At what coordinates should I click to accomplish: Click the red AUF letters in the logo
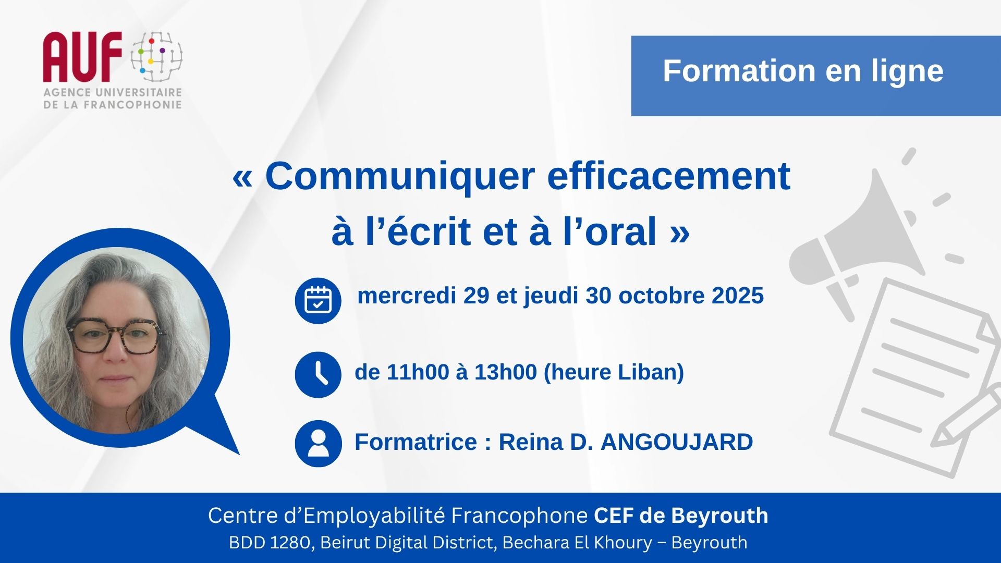tap(83, 57)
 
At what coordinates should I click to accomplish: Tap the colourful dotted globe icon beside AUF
tap(156, 56)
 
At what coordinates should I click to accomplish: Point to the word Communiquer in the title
tap(400, 177)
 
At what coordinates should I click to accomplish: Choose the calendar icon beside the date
tap(318, 300)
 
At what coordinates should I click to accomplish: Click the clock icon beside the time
tap(318, 375)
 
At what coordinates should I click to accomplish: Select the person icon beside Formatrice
tap(318, 444)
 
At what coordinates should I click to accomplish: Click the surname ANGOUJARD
tap(677, 442)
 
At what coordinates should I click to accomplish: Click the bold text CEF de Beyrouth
tap(681, 516)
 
